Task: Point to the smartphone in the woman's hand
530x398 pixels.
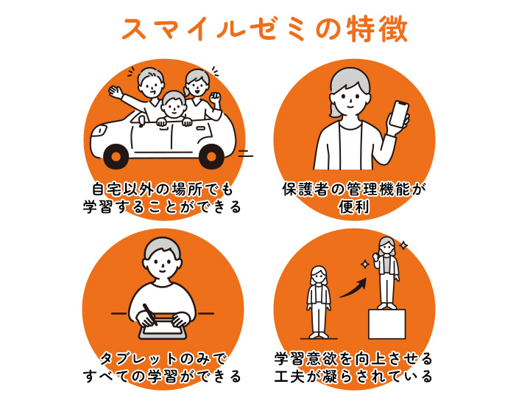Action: pyautogui.click(x=398, y=114)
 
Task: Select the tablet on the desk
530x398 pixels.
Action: pyautogui.click(x=163, y=328)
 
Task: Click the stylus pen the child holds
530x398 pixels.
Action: pyautogui.click(x=150, y=315)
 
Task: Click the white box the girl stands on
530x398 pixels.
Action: pyautogui.click(x=386, y=324)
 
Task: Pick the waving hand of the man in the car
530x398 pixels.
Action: pyautogui.click(x=116, y=92)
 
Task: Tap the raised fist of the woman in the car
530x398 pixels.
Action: pyautogui.click(x=215, y=98)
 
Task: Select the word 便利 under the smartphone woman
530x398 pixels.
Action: pyautogui.click(x=354, y=207)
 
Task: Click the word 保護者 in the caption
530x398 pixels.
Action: pyautogui.click(x=305, y=189)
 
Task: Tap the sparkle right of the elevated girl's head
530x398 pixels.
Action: pyautogui.click(x=403, y=245)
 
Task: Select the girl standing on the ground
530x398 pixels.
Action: pyautogui.click(x=319, y=302)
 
